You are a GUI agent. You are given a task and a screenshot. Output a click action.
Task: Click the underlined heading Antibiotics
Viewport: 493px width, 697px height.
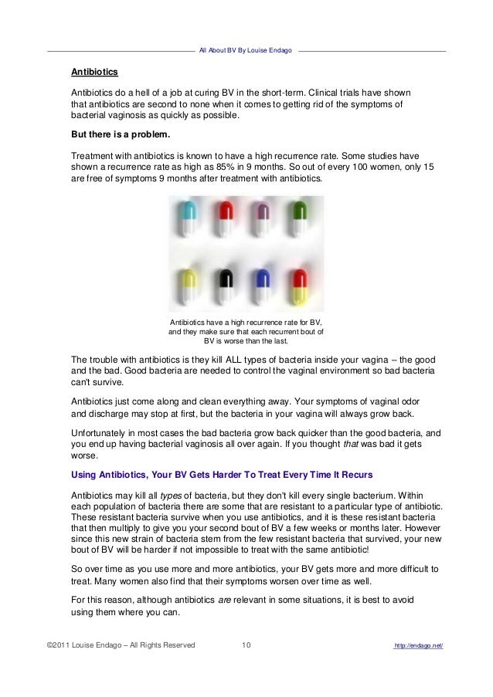pyautogui.click(x=94, y=73)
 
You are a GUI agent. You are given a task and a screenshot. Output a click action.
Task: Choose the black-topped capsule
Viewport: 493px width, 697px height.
pyautogui.click(x=225, y=286)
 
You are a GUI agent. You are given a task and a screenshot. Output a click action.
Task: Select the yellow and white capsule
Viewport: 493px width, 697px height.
pyautogui.click(x=186, y=286)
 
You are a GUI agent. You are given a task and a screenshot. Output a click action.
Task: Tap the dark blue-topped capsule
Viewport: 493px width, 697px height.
pyautogui.click(x=263, y=286)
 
